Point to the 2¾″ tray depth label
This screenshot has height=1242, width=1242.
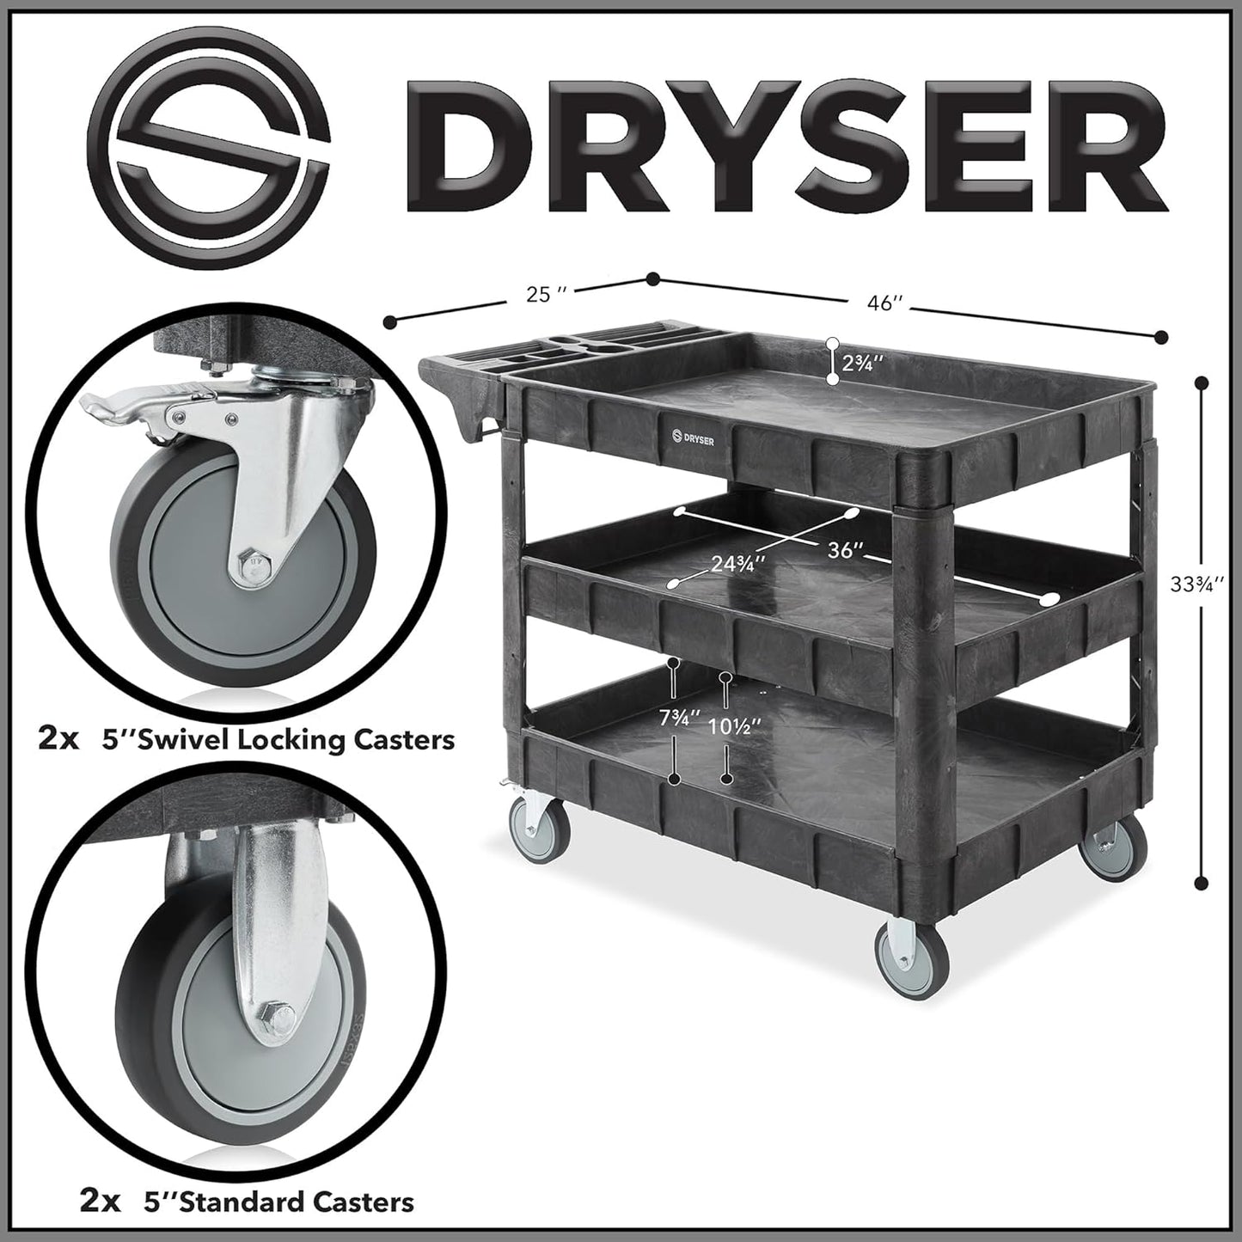(x=862, y=364)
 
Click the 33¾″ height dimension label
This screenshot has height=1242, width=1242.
(x=1196, y=584)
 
